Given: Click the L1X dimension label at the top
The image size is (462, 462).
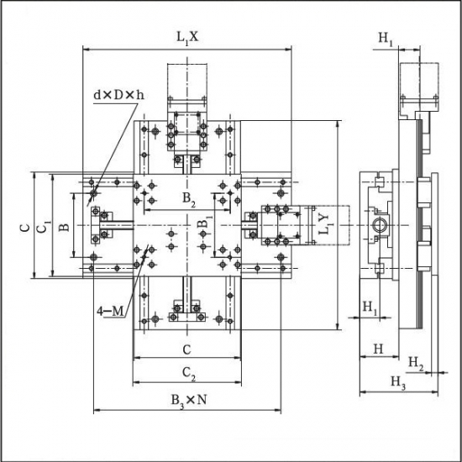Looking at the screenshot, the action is [187, 38].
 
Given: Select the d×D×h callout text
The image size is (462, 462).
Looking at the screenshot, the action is [119, 95].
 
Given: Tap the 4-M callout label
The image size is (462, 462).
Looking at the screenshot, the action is [111, 311].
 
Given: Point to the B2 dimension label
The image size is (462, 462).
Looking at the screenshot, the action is [189, 200].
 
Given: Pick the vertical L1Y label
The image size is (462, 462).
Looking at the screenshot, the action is [326, 224].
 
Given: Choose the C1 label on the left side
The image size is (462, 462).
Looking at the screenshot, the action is [45, 226].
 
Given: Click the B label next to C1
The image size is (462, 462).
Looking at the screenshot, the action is [64, 227].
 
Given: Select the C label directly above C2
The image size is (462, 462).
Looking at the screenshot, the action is [186, 349].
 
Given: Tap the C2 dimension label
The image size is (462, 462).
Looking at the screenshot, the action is [188, 374].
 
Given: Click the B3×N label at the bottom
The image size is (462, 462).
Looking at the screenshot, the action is [189, 401].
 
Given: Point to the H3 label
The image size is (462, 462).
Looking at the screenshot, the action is [398, 382].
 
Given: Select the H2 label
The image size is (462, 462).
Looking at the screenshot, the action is [416, 363].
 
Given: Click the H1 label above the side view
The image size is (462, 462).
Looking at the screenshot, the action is [386, 39].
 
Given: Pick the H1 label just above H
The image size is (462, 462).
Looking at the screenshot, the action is [370, 308].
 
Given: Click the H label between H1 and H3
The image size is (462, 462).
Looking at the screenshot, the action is [378, 349].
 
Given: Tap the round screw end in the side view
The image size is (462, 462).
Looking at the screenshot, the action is [380, 226].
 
